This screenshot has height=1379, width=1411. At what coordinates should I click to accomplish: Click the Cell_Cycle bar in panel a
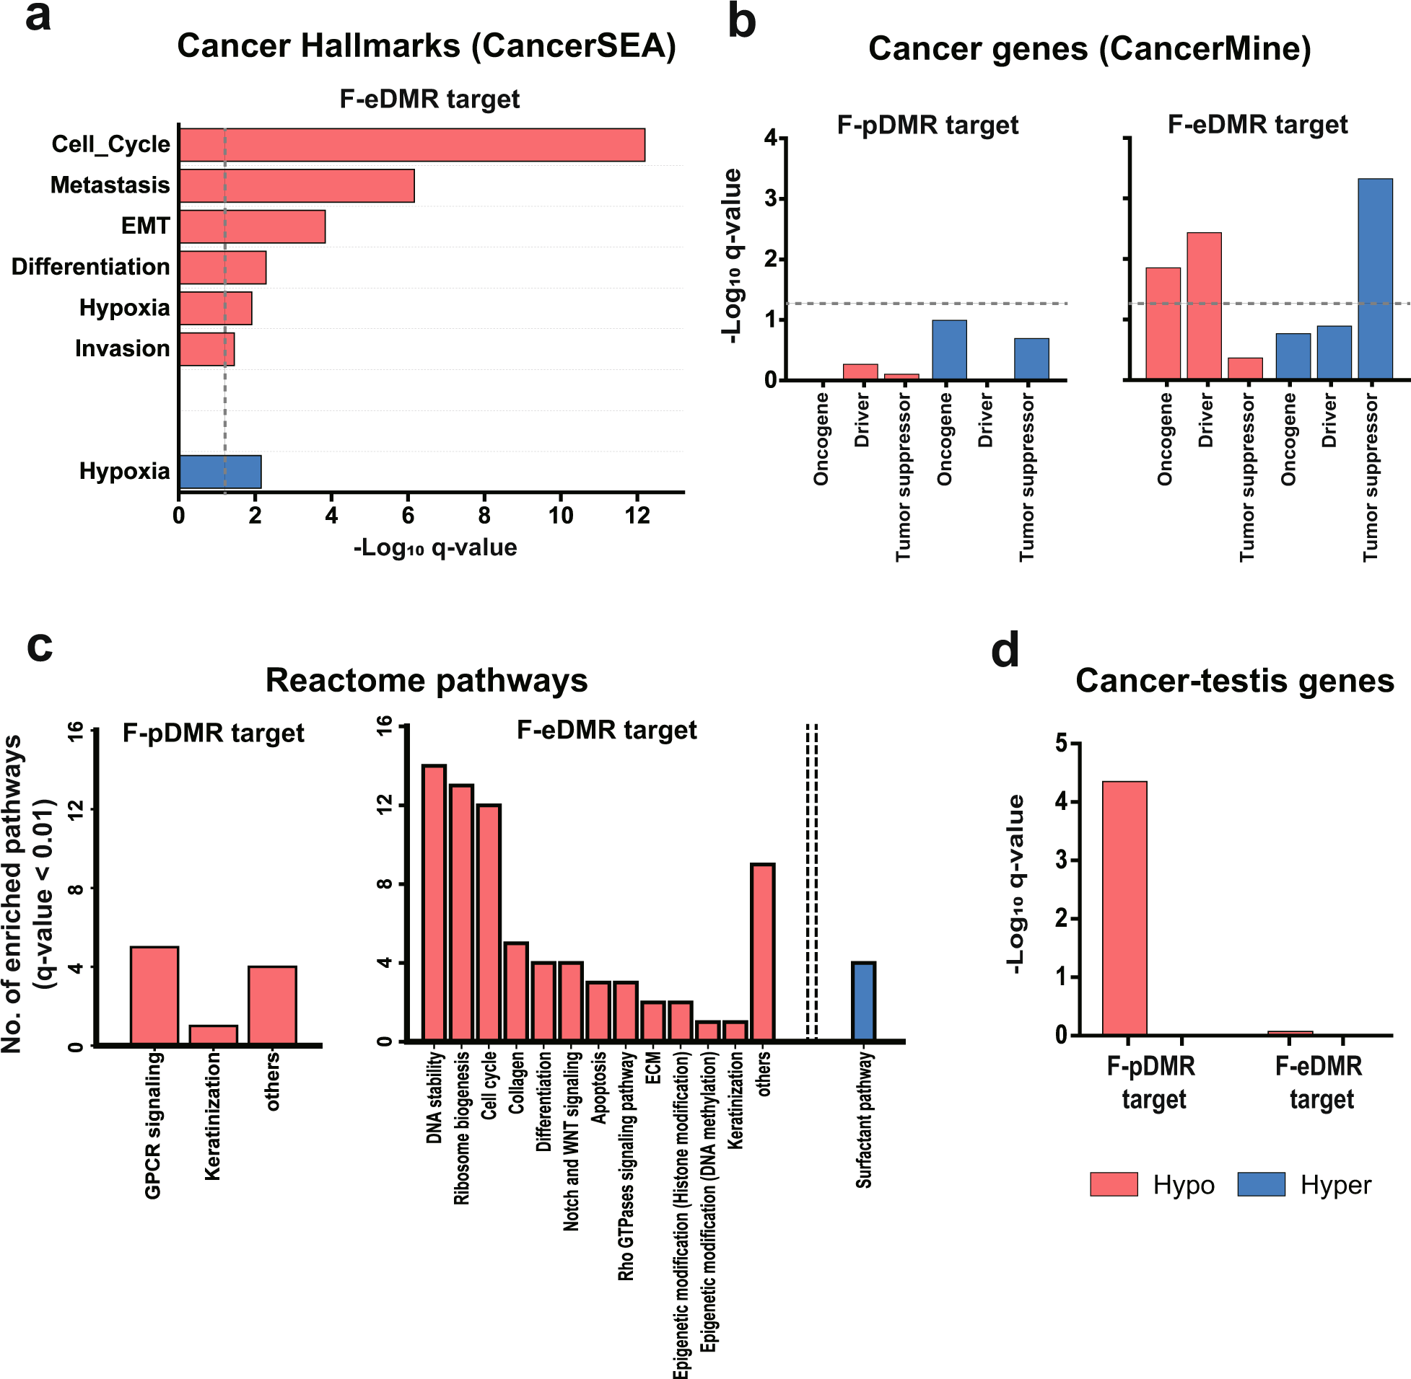click(411, 145)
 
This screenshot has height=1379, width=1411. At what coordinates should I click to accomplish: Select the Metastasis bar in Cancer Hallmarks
click(297, 185)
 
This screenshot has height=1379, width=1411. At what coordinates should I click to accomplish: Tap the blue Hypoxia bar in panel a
click(219, 472)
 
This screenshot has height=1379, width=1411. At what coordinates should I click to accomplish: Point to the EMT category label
click(145, 226)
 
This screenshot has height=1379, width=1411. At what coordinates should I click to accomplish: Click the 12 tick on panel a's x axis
click(637, 516)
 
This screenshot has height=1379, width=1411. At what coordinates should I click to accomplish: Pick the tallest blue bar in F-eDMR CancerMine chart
click(1375, 279)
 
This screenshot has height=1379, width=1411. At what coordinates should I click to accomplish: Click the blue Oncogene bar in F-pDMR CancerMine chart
click(948, 350)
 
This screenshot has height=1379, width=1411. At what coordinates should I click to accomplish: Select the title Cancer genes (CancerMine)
click(1089, 48)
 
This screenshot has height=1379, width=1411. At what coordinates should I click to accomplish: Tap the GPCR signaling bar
click(154, 995)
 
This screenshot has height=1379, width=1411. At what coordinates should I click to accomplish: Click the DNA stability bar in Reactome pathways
click(434, 903)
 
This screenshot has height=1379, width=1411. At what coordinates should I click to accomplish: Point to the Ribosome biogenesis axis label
click(461, 1128)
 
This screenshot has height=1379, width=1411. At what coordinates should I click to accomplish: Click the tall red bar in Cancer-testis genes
click(1124, 908)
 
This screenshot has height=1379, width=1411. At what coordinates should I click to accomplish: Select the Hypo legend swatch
click(1113, 1185)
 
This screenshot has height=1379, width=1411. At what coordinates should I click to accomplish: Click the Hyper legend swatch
click(1261, 1185)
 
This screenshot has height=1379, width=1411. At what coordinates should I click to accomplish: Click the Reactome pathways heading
click(426, 681)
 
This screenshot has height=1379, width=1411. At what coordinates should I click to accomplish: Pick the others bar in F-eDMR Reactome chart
click(762, 953)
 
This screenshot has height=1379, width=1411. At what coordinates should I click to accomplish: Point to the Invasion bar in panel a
click(206, 349)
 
